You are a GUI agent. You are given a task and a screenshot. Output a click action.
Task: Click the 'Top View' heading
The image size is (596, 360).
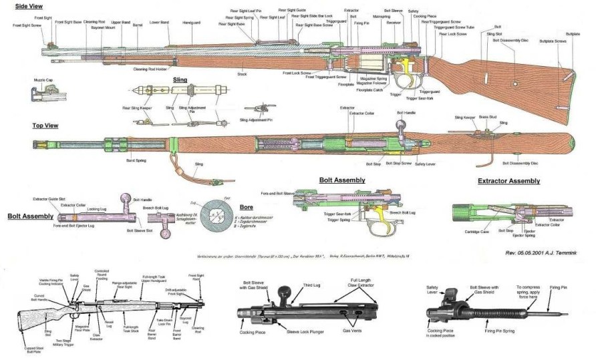[45, 125]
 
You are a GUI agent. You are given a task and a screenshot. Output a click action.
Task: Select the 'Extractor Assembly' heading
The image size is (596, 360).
[508, 181]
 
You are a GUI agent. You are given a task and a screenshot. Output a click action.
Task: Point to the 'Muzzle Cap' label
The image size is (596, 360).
[43, 79]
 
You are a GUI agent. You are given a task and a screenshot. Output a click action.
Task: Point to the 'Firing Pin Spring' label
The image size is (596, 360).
[505, 330]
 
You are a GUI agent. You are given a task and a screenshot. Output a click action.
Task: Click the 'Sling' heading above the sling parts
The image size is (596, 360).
[180, 79]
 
